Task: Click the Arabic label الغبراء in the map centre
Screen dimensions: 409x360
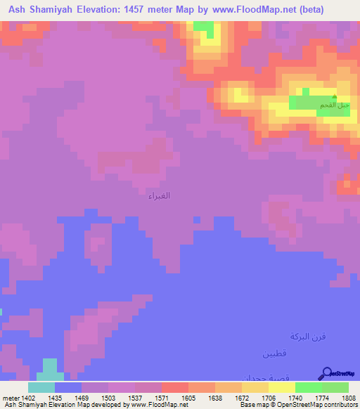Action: [x=159, y=196]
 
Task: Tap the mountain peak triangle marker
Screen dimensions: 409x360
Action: [x=335, y=98]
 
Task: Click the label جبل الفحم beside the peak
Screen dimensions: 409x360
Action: [x=335, y=105]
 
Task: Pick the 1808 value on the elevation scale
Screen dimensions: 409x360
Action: [x=348, y=398]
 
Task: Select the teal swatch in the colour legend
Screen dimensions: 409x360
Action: [x=41, y=387]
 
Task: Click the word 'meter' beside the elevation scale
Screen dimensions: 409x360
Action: [x=9, y=398]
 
